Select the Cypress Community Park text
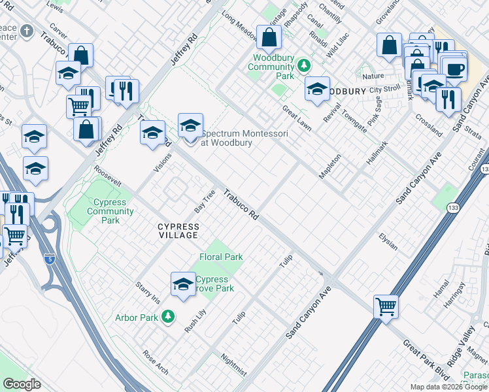pos(110,211)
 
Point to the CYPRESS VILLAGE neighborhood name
pos(178,230)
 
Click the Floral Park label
pos(221,257)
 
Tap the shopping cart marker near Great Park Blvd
pos(386,306)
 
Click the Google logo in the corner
pos(22,384)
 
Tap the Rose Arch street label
pos(156,364)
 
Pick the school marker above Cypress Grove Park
pos(184,284)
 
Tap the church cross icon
pos(26,31)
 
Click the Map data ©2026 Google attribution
pos(448,387)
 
